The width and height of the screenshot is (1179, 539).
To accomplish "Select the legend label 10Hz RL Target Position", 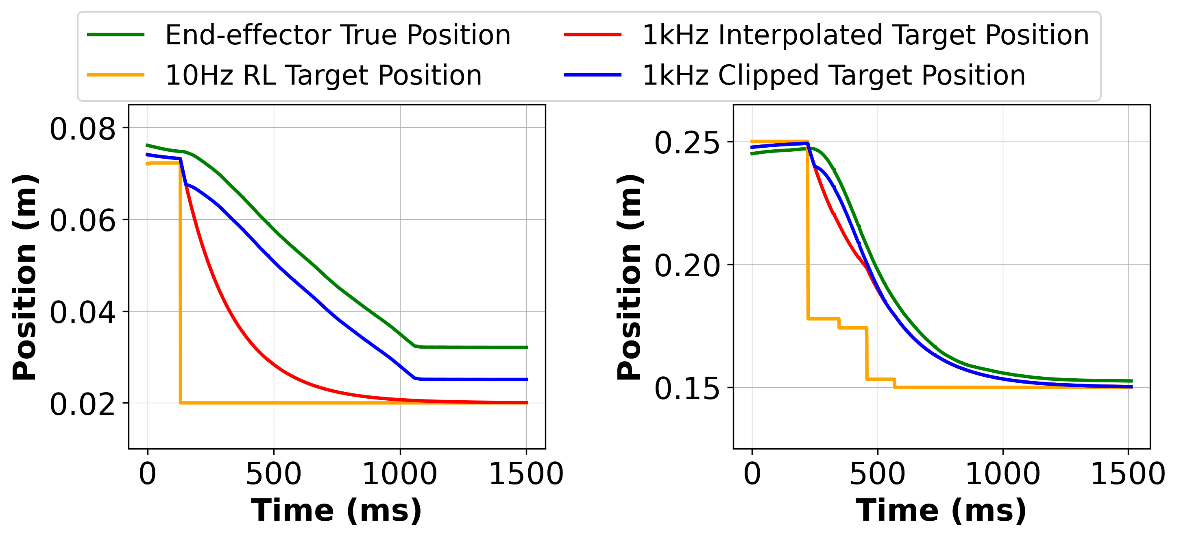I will tap(323, 76).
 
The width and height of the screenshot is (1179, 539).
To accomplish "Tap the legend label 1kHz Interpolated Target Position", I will tap(865, 35).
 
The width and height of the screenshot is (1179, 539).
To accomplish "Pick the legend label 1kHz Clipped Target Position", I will tap(833, 76).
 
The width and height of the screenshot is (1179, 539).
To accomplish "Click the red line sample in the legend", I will tap(592, 35).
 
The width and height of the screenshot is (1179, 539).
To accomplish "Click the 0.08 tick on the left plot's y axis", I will tap(83, 129).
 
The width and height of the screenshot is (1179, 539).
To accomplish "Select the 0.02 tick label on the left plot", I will tap(83, 405).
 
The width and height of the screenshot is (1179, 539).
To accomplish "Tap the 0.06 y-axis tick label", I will tap(83, 221).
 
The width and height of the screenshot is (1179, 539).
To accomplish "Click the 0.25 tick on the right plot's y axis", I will tap(686, 143).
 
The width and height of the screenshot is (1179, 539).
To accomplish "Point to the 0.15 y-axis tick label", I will tap(686, 389).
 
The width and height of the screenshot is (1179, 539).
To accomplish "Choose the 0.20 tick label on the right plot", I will tap(686, 266).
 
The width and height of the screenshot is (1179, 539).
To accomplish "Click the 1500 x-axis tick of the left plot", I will tap(526, 474).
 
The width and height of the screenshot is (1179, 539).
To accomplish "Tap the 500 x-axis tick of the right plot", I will tap(877, 474).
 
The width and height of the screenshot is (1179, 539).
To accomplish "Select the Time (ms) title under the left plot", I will tap(336, 511).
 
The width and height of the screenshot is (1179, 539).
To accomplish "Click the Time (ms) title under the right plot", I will tap(941, 511).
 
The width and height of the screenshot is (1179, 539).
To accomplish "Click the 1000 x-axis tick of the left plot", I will tap(399, 474).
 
